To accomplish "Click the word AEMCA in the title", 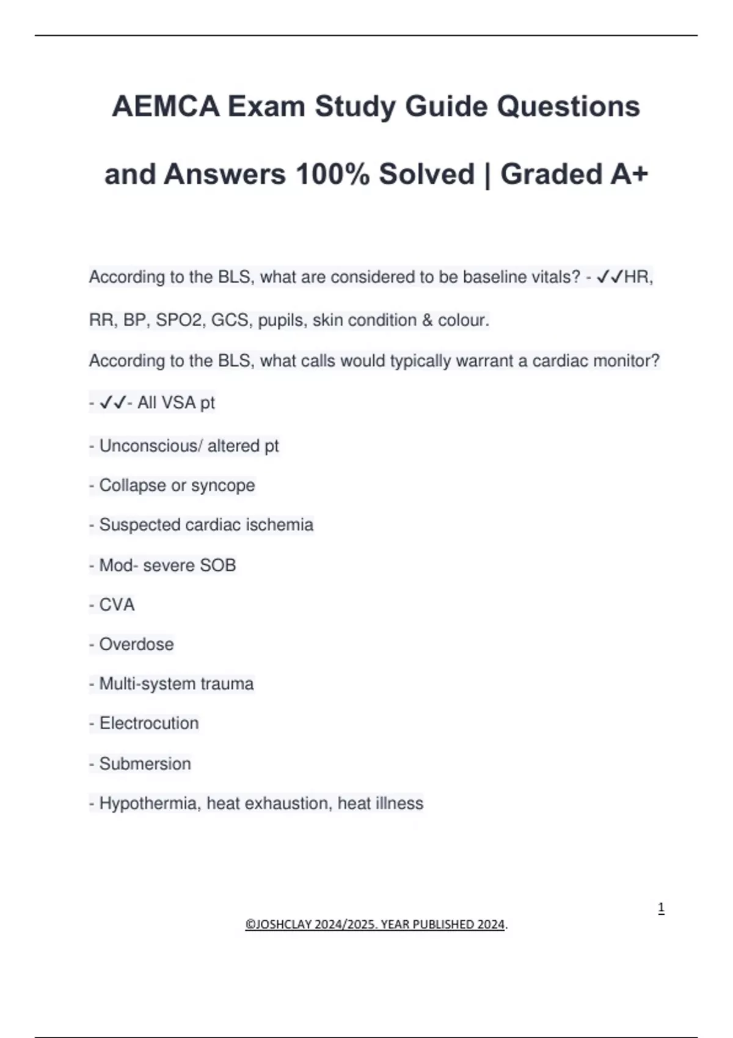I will click(x=166, y=106).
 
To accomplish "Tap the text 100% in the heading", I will click(x=332, y=174).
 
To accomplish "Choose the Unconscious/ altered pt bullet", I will click(x=189, y=446).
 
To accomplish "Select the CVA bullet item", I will click(x=117, y=604).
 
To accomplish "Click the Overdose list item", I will click(x=136, y=644).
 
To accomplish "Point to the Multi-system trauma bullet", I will click(x=176, y=684).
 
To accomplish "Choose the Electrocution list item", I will click(x=149, y=724).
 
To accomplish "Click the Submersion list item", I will click(x=145, y=764).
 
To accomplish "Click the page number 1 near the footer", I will click(x=661, y=909).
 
